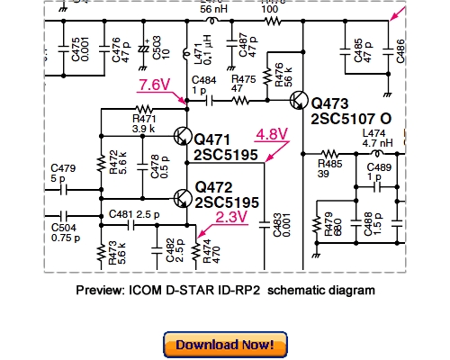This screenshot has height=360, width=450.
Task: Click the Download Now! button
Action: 225,344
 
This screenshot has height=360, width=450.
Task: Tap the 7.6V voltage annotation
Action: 155,85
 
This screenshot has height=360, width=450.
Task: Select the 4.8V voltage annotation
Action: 272,134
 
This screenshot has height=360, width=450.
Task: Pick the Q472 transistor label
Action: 212,187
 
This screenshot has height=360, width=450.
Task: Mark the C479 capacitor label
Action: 62,167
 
